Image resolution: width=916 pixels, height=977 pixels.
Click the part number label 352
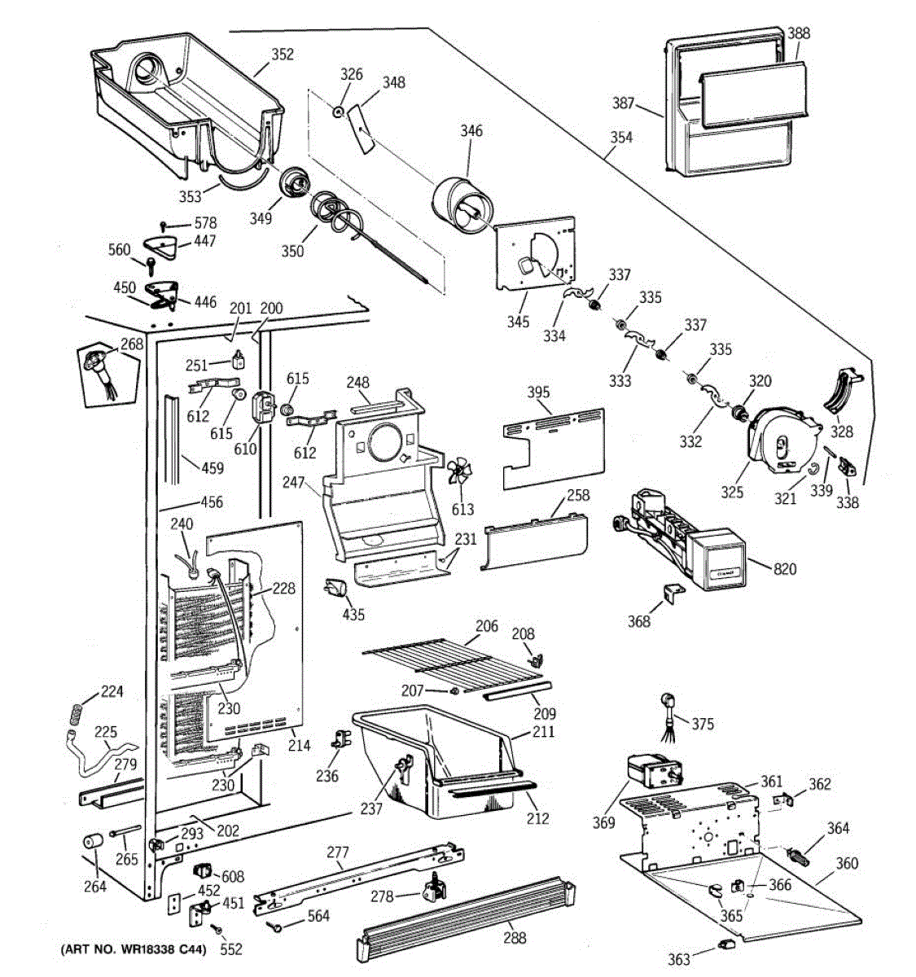[282, 55]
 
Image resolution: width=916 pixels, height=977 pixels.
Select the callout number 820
[784, 569]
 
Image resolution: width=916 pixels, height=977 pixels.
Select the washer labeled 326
[335, 109]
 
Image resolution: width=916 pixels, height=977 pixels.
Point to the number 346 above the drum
[471, 130]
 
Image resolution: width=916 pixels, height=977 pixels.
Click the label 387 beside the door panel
[624, 103]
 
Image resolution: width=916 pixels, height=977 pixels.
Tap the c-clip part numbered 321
[813, 468]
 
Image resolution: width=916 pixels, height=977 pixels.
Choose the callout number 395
[538, 392]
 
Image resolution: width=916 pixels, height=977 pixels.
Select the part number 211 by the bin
[543, 731]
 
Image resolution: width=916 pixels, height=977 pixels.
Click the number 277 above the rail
[337, 853]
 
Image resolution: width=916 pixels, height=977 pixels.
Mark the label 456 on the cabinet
[212, 502]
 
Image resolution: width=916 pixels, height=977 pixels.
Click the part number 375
[703, 723]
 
